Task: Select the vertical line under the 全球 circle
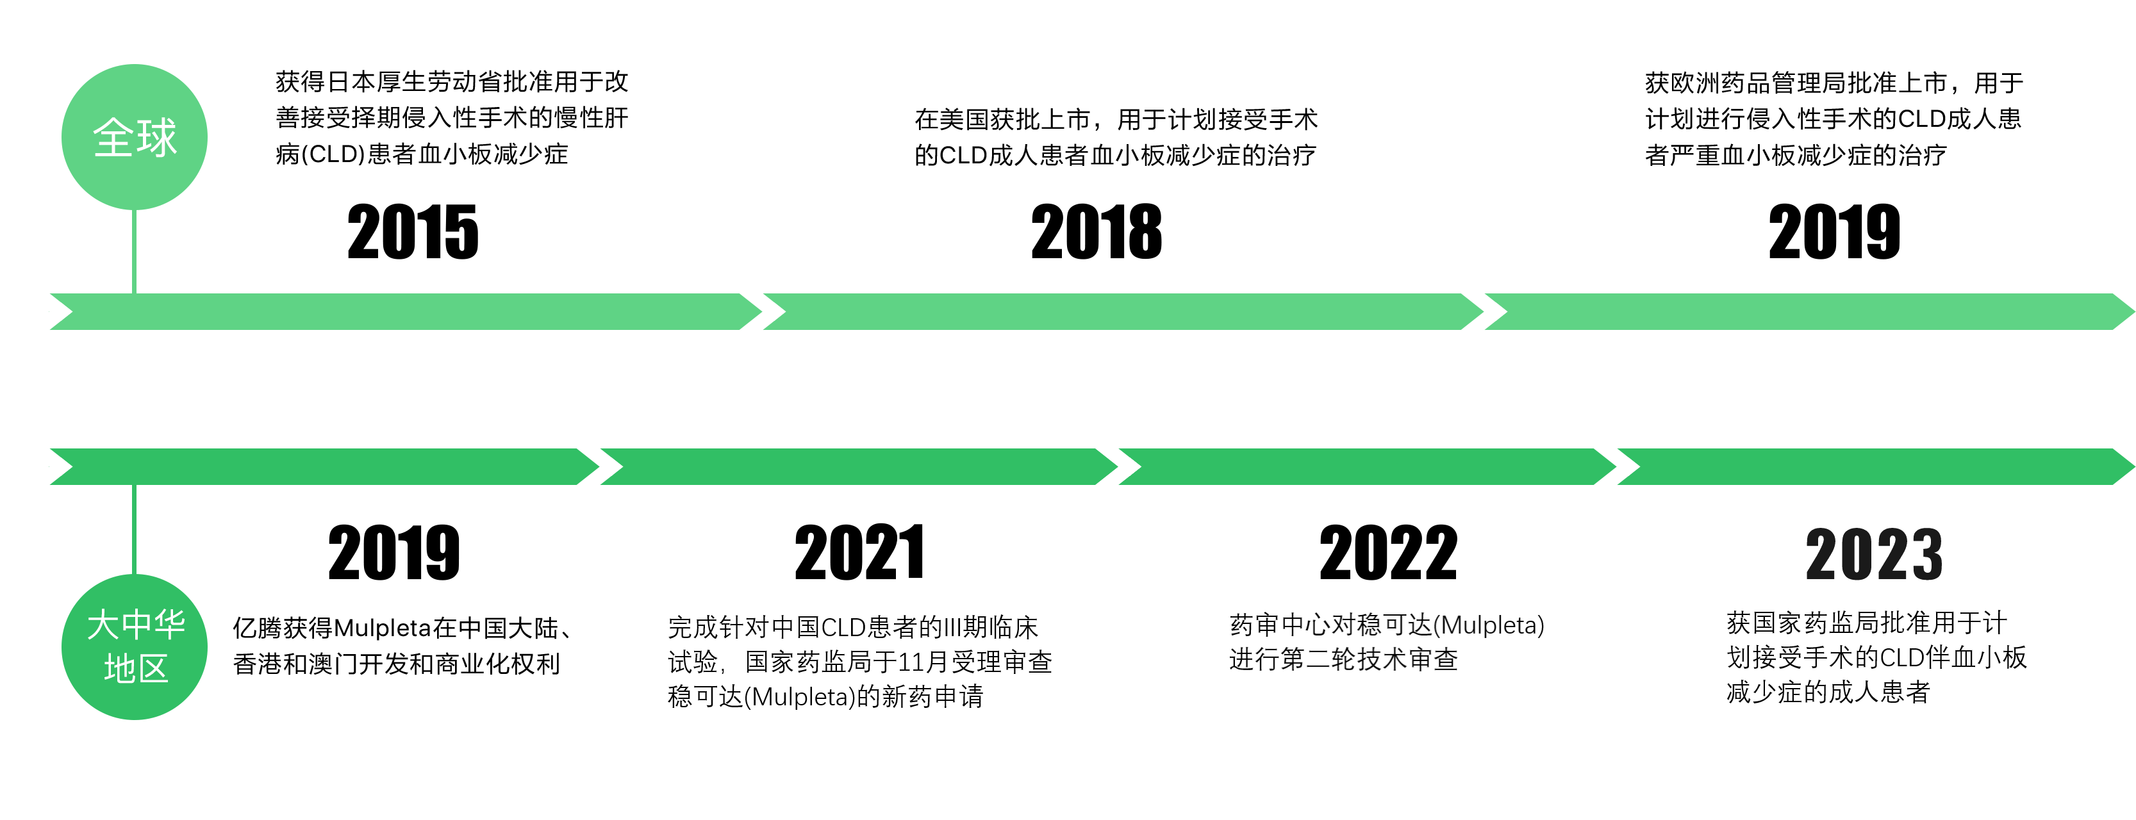tap(135, 250)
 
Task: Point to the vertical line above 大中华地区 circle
tap(135, 529)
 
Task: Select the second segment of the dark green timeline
tap(858, 467)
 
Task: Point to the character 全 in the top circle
tap(113, 138)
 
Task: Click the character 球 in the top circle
tap(158, 138)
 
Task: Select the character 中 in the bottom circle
tap(136, 625)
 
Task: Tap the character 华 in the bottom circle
tap(169, 625)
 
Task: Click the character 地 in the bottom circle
tap(119, 668)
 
